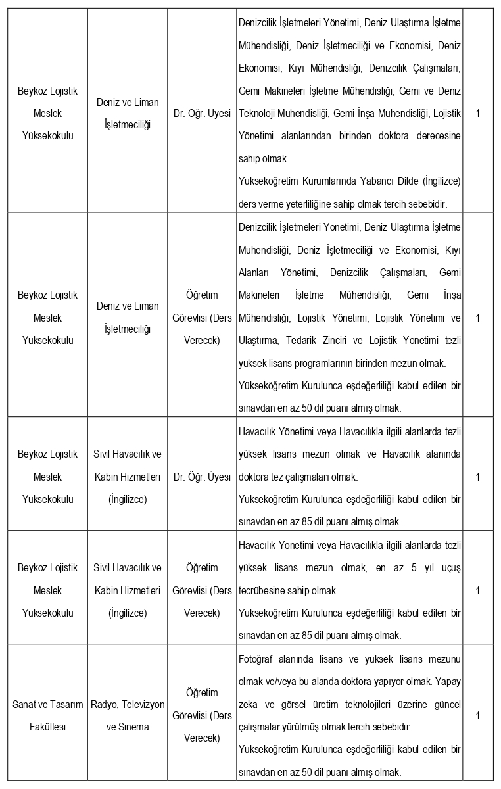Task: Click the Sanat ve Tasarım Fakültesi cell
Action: (x=47, y=715)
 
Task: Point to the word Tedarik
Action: (x=332, y=340)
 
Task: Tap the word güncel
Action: (x=445, y=704)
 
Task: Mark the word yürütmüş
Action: (x=309, y=727)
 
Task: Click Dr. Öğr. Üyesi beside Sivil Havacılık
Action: (x=202, y=477)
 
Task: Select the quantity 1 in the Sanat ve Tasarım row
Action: (x=477, y=715)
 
